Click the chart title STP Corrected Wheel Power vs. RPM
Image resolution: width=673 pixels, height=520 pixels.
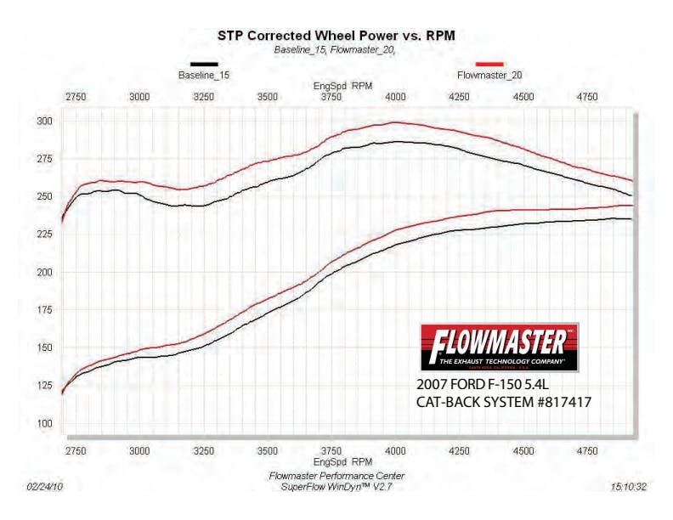coord(336,36)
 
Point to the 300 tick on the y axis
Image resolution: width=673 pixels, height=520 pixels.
coord(45,122)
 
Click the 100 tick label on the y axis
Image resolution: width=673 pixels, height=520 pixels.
coord(45,423)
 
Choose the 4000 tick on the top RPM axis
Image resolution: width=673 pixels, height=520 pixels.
coord(395,97)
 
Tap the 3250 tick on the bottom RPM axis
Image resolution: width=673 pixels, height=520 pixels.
coord(204,451)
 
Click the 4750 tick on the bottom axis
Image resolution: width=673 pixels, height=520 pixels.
coord(587,451)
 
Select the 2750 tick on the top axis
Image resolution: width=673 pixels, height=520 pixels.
coord(76,97)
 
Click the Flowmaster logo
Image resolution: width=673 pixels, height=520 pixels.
coord(500,346)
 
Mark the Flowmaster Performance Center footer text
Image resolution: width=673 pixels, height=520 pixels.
coord(336,476)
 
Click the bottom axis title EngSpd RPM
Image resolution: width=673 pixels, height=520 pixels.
coord(337,464)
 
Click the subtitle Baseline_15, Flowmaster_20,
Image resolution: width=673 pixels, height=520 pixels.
coord(336,50)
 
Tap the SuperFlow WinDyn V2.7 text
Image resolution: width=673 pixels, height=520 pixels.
coord(336,487)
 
